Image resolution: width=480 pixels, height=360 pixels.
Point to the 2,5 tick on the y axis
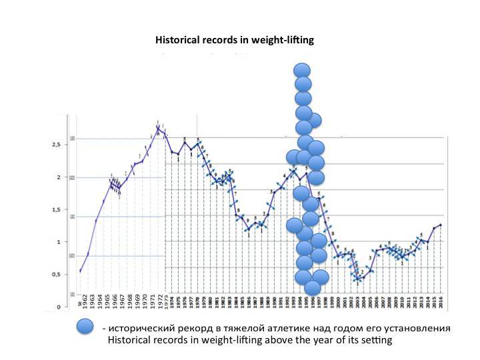point(57,144)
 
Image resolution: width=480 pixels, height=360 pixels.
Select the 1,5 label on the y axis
point(57,209)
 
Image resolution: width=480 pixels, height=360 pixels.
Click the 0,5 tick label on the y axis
point(57,274)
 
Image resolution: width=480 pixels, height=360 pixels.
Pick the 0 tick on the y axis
point(59,307)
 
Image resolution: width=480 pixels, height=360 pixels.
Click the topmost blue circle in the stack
point(303,71)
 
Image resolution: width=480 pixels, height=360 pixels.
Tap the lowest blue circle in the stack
point(313,288)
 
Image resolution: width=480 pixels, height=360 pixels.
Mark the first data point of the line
point(81,271)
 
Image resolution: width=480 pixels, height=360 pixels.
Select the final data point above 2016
point(441,225)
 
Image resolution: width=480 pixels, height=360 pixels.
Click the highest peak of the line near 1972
point(158,127)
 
